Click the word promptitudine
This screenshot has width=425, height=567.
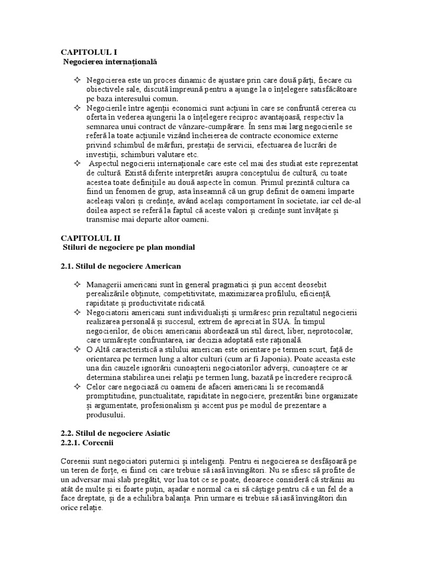(x=114, y=396)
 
